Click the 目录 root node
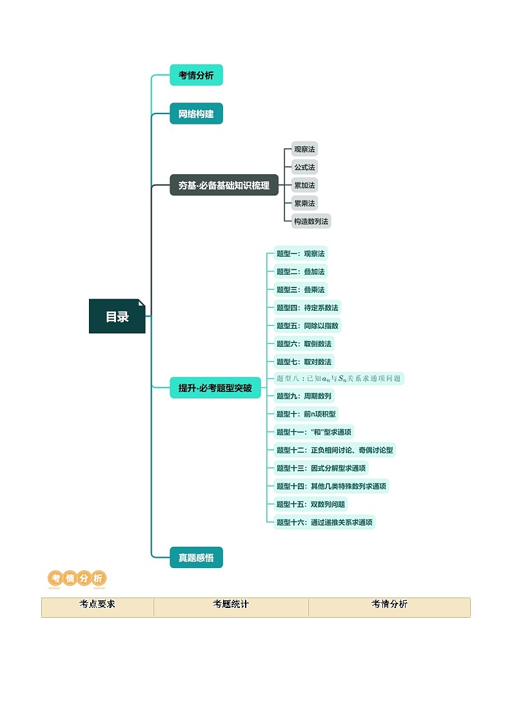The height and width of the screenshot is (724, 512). point(117,317)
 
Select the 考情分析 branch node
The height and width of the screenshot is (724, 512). point(196,75)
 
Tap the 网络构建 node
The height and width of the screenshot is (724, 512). point(196,114)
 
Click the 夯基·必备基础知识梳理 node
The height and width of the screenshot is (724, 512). point(224,185)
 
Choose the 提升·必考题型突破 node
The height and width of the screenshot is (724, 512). point(215,388)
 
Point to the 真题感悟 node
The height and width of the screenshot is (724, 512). point(196,558)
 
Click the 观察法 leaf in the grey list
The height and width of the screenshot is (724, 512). point(304,149)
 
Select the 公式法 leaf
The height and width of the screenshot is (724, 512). point(304,167)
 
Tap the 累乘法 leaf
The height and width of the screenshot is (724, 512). point(304,203)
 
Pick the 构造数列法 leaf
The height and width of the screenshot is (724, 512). point(311,221)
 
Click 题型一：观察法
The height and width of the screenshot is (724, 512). point(300,253)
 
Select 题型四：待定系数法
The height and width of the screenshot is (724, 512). point(307,308)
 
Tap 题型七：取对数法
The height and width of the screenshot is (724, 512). point(304,362)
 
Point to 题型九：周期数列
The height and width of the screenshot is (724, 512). point(304,396)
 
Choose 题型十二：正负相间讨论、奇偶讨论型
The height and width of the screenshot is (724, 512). point(334,450)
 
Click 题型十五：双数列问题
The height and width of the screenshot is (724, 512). point(311,504)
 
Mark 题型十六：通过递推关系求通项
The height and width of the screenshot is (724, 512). point(324,522)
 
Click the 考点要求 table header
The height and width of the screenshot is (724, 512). point(97,605)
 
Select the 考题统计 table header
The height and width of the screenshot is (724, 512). point(231,605)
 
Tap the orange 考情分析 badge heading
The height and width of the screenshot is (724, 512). point(77,578)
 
